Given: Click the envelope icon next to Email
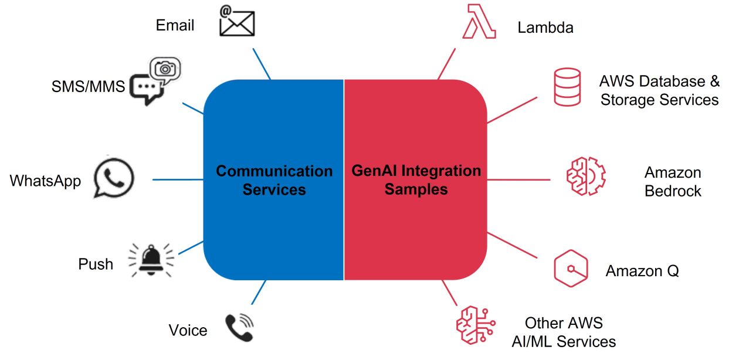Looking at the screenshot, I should click(x=236, y=24).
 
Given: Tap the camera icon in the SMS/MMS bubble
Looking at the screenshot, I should click(x=165, y=69).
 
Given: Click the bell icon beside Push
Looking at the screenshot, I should click(x=151, y=261).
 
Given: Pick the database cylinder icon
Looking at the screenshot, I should click(x=567, y=87).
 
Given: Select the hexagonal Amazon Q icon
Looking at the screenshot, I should click(x=571, y=269).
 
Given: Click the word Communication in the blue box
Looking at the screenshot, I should click(x=274, y=171).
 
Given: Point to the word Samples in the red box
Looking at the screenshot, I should click(x=416, y=189).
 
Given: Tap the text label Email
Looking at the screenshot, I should click(x=175, y=25).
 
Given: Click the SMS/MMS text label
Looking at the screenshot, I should click(x=88, y=87).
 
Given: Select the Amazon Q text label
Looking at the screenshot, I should click(x=642, y=271).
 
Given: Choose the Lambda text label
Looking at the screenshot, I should click(x=545, y=28).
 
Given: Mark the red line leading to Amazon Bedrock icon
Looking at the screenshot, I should click(x=518, y=179).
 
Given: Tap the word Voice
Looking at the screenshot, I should click(x=188, y=330).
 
